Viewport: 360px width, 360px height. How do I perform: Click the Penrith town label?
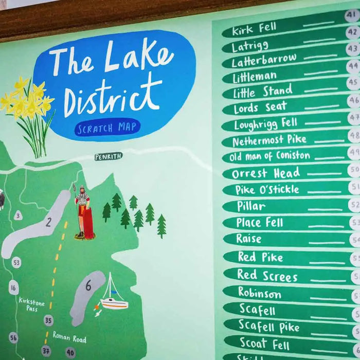(109, 156)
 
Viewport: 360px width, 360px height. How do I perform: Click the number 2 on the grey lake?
(48, 222)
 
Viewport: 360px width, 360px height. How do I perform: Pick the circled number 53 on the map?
(16, 262)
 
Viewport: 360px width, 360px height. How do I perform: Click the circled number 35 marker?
(48, 320)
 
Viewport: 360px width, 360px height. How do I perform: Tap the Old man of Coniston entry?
(270, 156)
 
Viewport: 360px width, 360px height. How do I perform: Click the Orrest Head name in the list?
(265, 173)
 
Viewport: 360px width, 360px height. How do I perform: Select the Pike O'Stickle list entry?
(267, 189)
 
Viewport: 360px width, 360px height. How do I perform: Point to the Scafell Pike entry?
(268, 326)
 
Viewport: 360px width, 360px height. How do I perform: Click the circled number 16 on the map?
(13, 287)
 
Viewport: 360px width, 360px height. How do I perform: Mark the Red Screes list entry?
(267, 275)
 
